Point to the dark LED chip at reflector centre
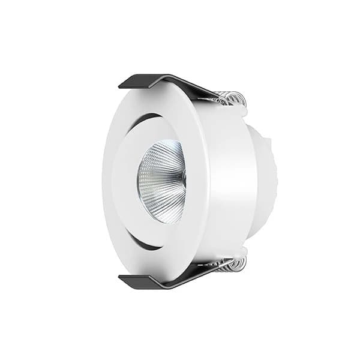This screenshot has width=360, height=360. coord(183,178)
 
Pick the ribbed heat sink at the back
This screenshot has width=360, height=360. coord(267,180)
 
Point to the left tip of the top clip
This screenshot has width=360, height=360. coord(121,86)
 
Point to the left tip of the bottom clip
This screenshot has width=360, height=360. coord(121,278)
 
